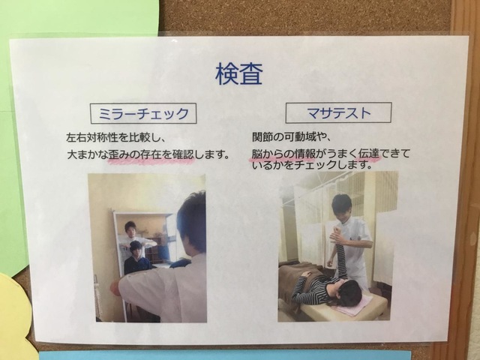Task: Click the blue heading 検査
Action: coord(239,73)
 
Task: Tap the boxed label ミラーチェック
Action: coord(143,113)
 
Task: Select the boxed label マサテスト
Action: coord(338,112)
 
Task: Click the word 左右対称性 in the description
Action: coord(91,137)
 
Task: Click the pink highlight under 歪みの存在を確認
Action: coord(151,160)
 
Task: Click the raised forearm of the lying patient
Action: coord(339,255)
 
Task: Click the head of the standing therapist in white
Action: coord(342,206)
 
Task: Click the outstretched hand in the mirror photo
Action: coord(115,288)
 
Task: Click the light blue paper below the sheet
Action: coord(225,355)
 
